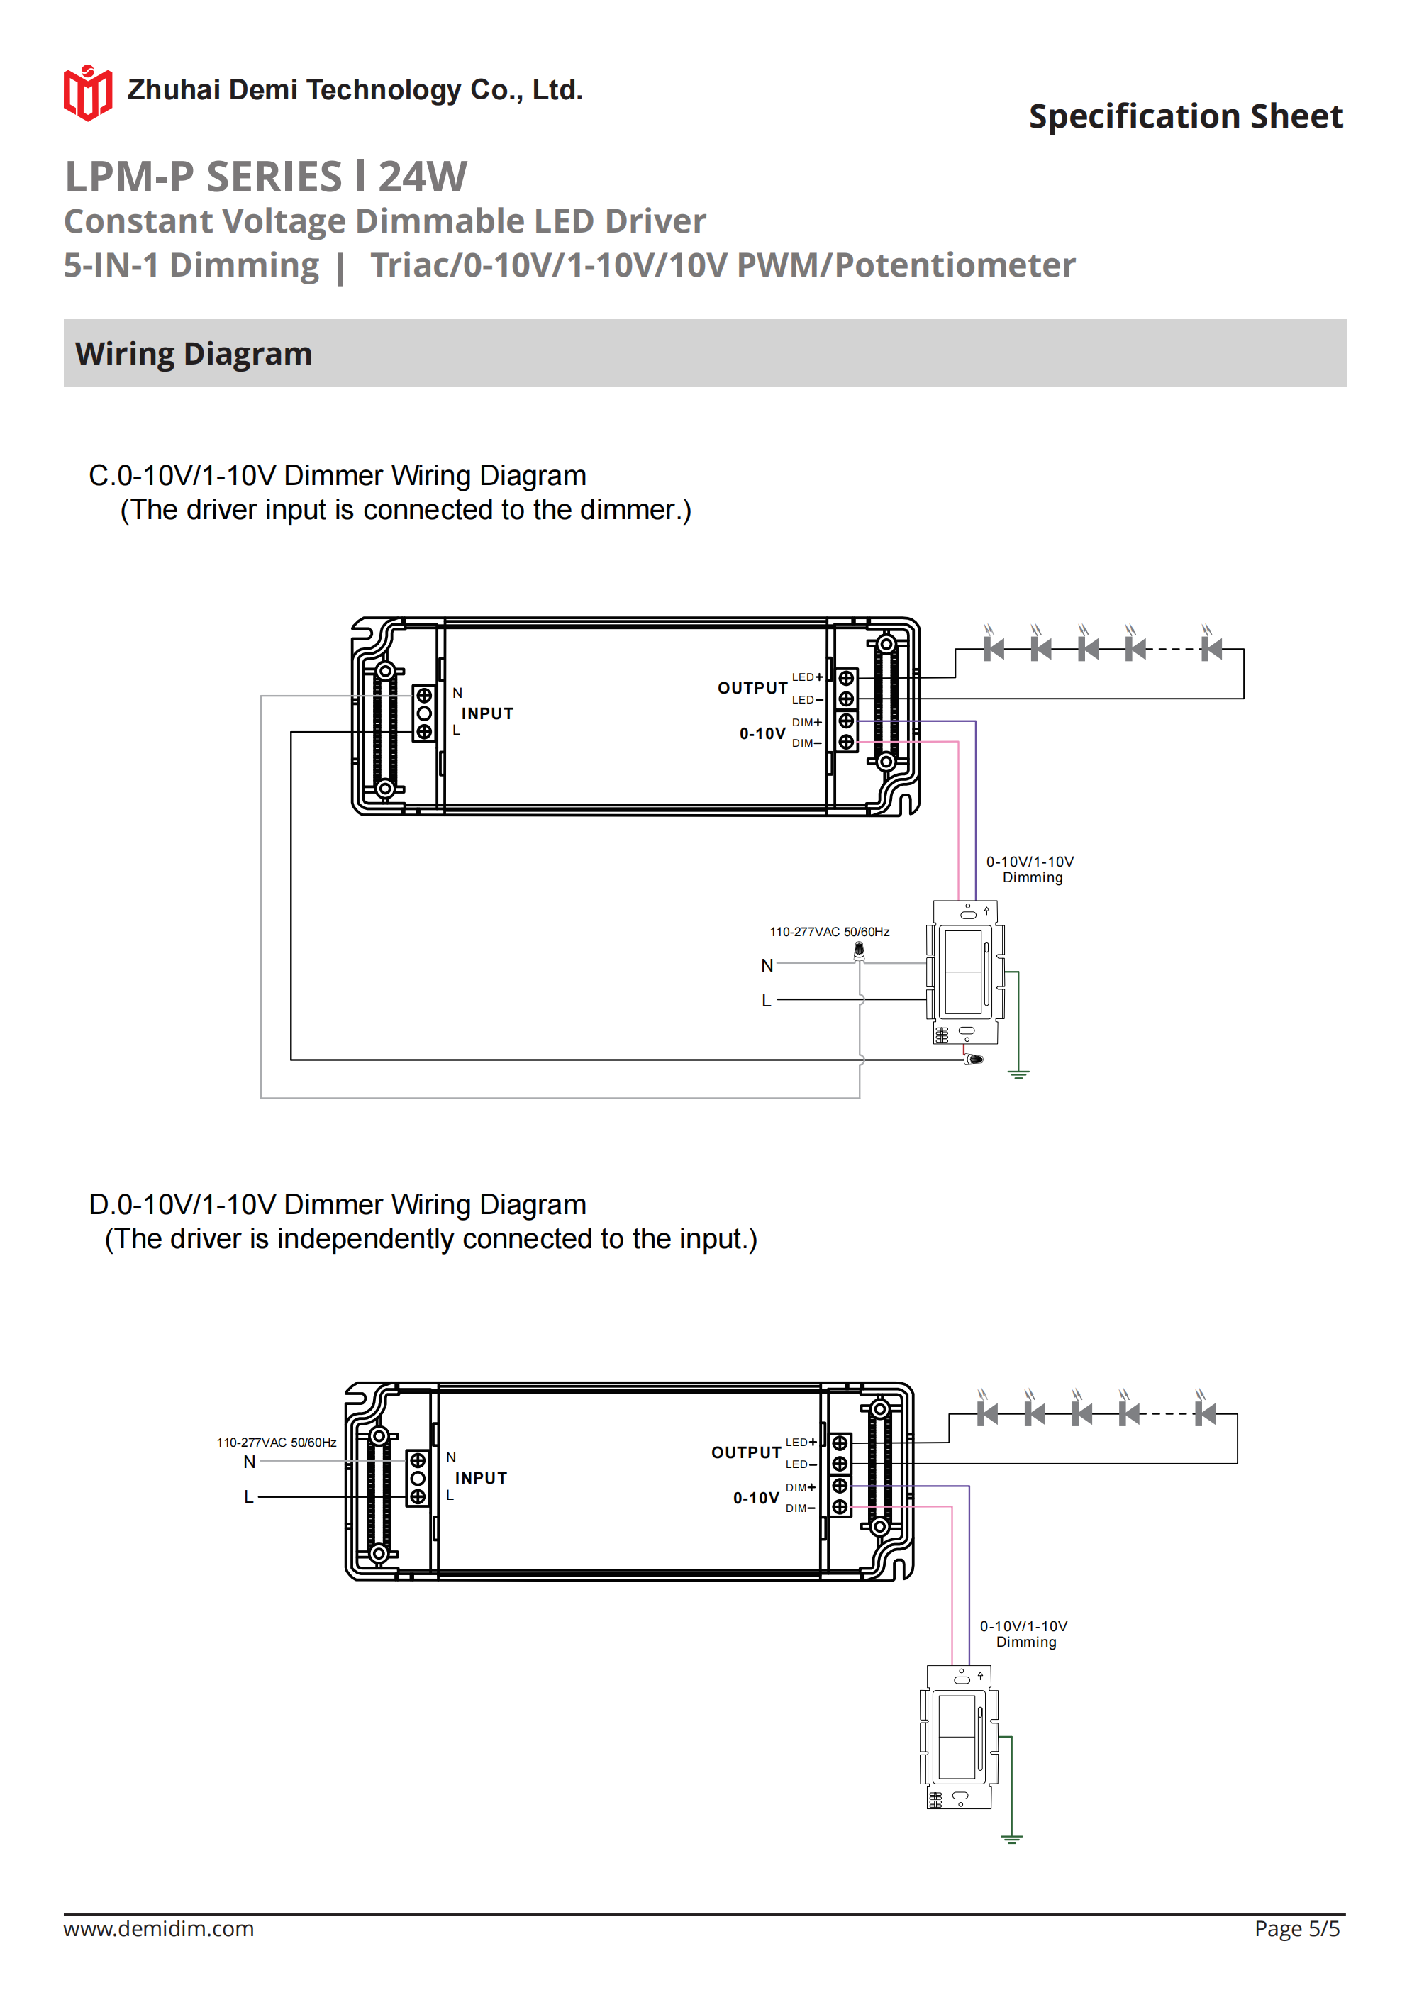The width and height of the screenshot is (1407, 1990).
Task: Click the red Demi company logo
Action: (x=87, y=92)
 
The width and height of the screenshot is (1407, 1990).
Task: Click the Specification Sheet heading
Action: (x=1185, y=116)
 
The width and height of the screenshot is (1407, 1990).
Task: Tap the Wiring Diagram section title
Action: (x=194, y=354)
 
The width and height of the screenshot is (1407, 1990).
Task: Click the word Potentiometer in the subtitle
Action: (x=955, y=265)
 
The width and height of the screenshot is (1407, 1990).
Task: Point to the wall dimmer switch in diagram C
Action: (x=966, y=972)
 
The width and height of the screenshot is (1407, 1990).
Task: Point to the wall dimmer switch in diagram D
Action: (x=959, y=1736)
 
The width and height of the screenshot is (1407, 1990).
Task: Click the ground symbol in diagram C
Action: (x=1018, y=1074)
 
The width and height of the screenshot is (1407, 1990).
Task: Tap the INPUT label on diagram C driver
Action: (x=487, y=713)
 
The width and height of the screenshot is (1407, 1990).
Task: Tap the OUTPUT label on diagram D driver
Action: (x=745, y=1452)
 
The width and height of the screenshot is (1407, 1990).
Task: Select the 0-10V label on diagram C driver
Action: (x=762, y=733)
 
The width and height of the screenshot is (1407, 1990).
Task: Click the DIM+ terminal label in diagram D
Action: (x=800, y=1487)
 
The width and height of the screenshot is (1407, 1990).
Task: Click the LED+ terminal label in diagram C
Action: (x=806, y=677)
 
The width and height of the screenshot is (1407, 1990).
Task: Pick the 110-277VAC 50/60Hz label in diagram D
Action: (x=276, y=1443)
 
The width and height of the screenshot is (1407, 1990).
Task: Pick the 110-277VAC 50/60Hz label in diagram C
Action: (x=829, y=932)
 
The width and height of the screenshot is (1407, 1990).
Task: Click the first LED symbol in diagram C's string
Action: (x=994, y=647)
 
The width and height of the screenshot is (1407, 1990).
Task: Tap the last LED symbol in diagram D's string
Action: (x=1204, y=1413)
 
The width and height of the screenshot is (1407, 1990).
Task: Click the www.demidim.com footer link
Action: (x=159, y=1928)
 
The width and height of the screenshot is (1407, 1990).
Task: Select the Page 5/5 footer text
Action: (x=1296, y=1928)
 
